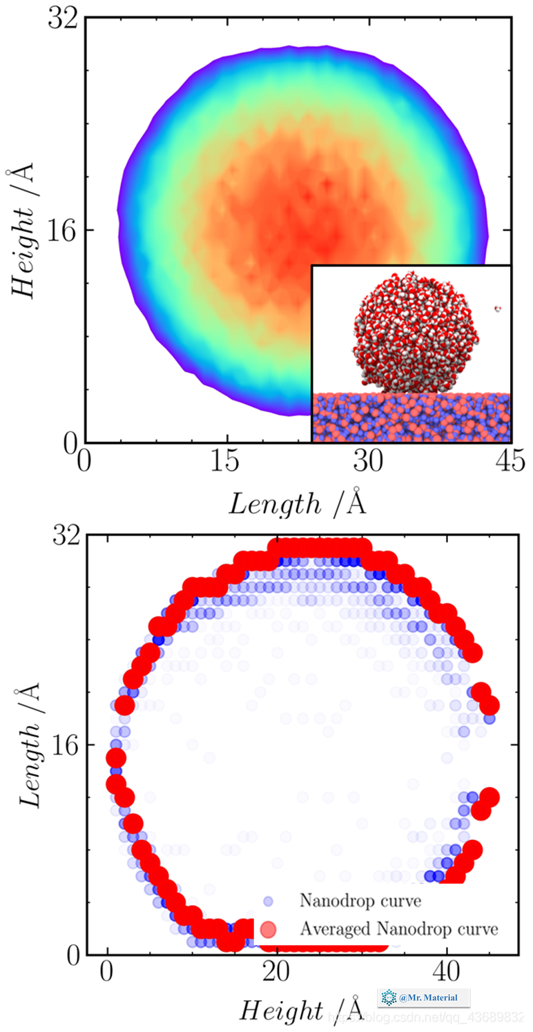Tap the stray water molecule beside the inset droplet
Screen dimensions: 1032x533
tap(497, 308)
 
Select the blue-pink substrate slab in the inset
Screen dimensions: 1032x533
tap(411, 418)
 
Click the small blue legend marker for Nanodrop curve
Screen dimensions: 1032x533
tap(269, 901)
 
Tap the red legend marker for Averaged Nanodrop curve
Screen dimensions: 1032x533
tap(269, 929)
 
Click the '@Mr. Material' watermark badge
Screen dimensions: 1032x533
tap(424, 997)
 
